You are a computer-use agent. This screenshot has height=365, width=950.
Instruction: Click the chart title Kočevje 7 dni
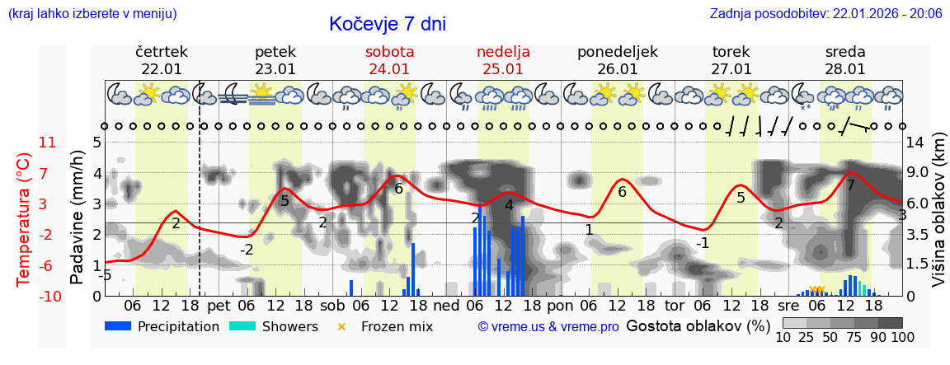click(387, 24)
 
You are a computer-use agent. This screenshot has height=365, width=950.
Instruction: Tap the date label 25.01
click(503, 69)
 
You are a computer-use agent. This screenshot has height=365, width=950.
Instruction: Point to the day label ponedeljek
click(617, 52)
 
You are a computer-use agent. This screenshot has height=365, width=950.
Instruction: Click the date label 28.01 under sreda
click(845, 69)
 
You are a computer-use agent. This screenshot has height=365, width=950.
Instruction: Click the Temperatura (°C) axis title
click(24, 219)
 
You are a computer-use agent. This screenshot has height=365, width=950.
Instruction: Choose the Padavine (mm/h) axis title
click(78, 218)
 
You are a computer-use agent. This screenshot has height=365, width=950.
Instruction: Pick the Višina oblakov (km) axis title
click(938, 219)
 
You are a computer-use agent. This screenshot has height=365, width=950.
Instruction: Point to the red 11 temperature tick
click(47, 143)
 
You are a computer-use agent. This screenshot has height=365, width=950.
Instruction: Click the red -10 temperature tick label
click(47, 297)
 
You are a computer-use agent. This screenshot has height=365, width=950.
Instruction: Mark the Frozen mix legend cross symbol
click(341, 326)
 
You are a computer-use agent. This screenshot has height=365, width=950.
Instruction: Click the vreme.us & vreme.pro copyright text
click(548, 326)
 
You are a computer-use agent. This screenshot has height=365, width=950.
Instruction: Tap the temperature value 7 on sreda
click(850, 185)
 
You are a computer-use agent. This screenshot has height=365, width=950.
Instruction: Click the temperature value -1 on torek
click(703, 243)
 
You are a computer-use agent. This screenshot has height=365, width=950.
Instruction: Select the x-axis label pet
click(219, 306)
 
